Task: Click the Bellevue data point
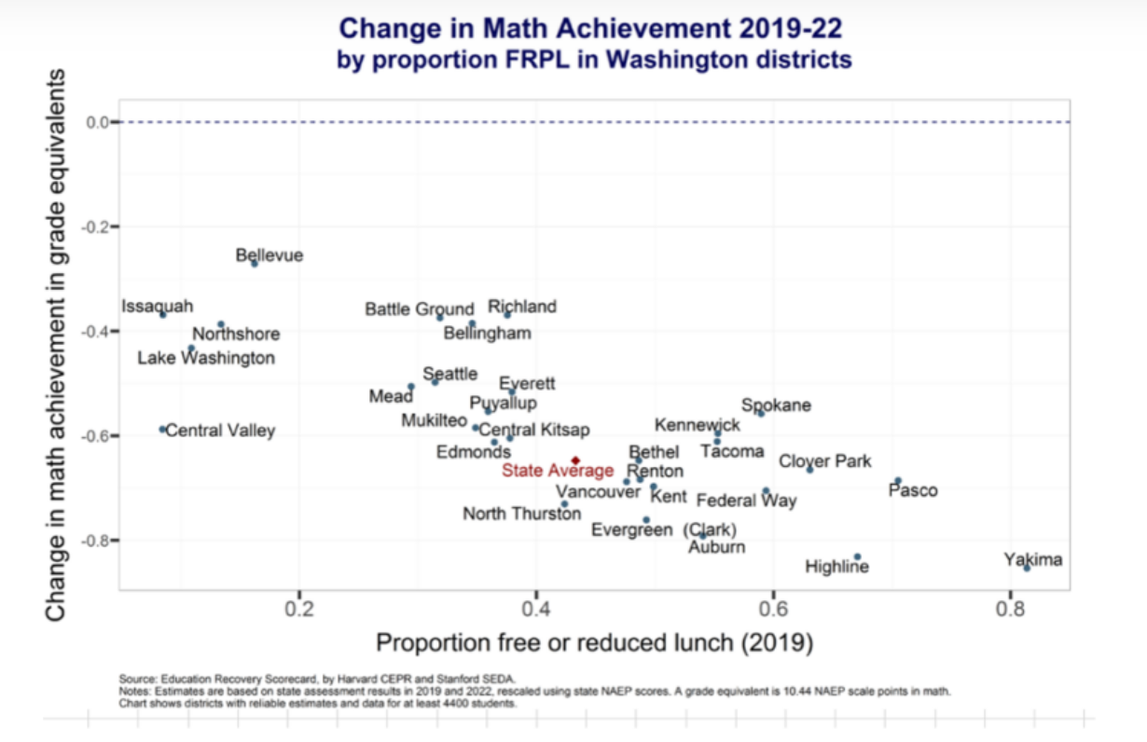tap(254, 264)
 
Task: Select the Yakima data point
tap(1027, 568)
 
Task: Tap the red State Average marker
tap(576, 460)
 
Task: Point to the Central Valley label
tap(220, 431)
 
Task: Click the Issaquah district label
tap(158, 306)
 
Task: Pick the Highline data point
tap(857, 556)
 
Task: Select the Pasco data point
tap(897, 481)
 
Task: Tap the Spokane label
tap(776, 405)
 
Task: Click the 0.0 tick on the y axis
tap(97, 122)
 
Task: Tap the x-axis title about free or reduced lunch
tap(595, 642)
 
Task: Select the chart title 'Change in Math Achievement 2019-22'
tap(595, 28)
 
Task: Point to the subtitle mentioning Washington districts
tap(595, 61)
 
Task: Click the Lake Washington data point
tap(191, 349)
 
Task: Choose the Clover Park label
tap(824, 460)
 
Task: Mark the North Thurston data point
tap(564, 503)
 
